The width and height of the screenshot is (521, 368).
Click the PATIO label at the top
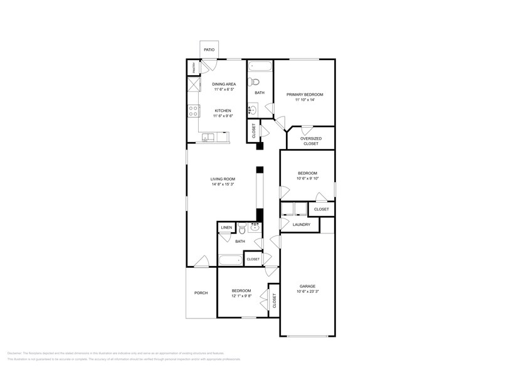pyautogui.click(x=209, y=49)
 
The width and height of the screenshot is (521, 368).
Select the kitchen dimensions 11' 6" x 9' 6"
pyautogui.click(x=222, y=116)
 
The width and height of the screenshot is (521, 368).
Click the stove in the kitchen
pyautogui.click(x=193, y=112)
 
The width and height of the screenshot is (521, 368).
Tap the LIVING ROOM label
pyautogui.click(x=223, y=179)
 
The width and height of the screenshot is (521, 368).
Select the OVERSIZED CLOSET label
pyautogui.click(x=311, y=141)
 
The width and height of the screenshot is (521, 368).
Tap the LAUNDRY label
pyautogui.click(x=302, y=224)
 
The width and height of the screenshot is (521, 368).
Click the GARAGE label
pyautogui.click(x=307, y=286)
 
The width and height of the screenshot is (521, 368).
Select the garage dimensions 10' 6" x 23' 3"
pyautogui.click(x=307, y=292)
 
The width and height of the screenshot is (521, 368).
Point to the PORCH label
pyautogui.click(x=201, y=293)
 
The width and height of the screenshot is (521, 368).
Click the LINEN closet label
pyautogui.click(x=226, y=228)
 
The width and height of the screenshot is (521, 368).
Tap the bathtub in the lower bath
pyautogui.click(x=230, y=260)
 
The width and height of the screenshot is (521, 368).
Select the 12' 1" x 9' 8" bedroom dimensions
pyautogui.click(x=241, y=296)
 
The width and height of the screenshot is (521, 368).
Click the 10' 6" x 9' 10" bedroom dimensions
pyautogui.click(x=307, y=178)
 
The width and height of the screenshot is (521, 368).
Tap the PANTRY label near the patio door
pyautogui.click(x=194, y=66)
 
